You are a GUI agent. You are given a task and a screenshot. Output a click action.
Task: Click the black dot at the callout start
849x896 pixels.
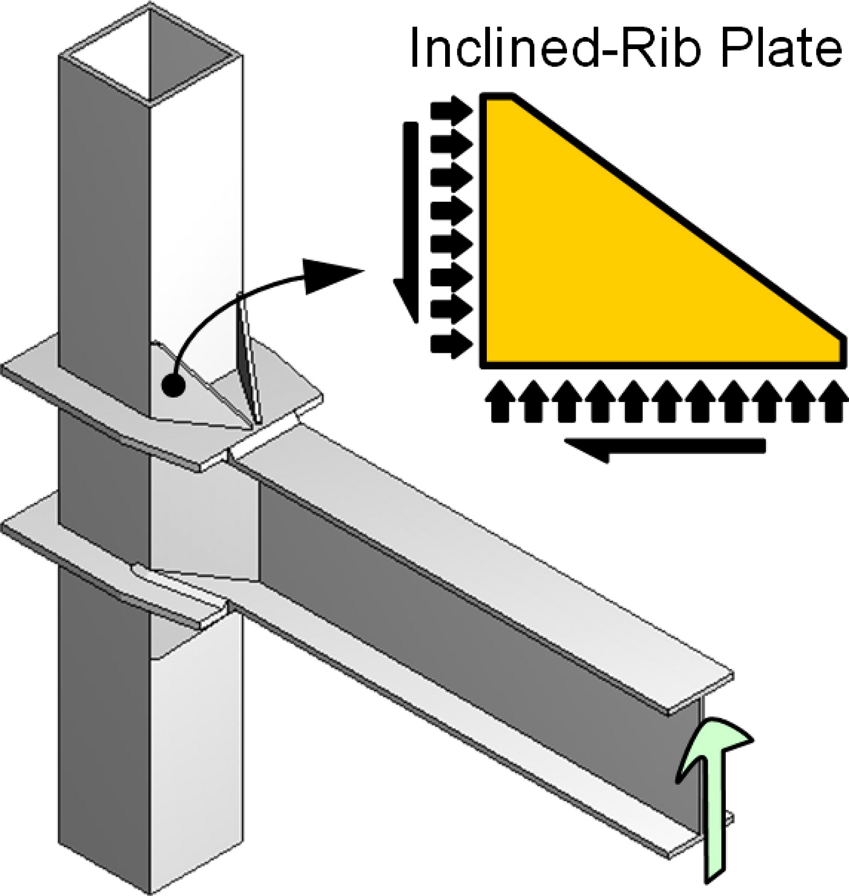click(x=174, y=384)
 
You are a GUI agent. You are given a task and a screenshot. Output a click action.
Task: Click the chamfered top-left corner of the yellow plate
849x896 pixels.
click(x=498, y=99)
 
